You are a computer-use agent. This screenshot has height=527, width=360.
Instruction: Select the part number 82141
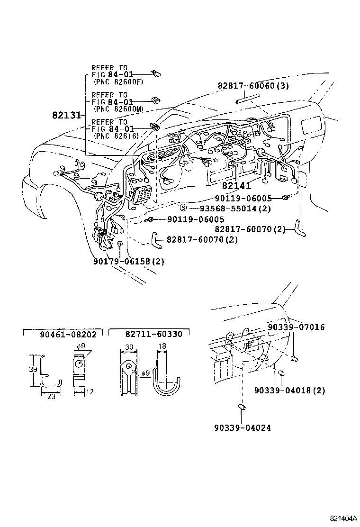point(236,187)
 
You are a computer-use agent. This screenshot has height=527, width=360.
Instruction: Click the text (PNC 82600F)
point(118,82)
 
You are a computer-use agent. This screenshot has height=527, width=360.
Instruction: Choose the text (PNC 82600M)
point(118,109)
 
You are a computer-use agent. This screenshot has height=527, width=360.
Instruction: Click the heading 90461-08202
point(68,334)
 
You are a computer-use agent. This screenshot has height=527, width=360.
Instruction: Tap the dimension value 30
point(128,346)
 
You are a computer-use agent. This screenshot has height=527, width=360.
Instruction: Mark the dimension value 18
point(162,346)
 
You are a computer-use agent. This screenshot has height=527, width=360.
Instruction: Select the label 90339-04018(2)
point(289,390)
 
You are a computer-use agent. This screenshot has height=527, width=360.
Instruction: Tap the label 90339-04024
point(243,427)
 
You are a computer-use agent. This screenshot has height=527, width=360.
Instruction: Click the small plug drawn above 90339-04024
point(242,407)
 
